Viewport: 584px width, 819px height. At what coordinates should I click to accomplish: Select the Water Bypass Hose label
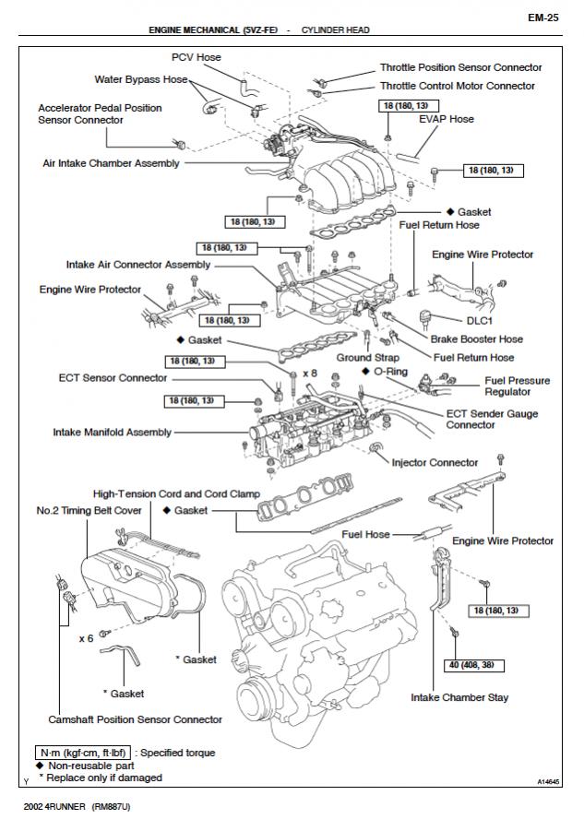[141, 79]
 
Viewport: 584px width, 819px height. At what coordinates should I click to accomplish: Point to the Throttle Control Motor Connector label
[458, 86]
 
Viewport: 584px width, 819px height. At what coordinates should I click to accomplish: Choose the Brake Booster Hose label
[476, 339]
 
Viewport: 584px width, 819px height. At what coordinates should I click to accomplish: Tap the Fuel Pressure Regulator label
[517, 386]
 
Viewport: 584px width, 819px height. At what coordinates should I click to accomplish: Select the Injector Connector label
[435, 462]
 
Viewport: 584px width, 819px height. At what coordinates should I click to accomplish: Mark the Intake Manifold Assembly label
[113, 432]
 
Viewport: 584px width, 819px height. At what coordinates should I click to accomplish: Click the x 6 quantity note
[87, 637]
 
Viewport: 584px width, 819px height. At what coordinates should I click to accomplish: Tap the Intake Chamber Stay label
[459, 698]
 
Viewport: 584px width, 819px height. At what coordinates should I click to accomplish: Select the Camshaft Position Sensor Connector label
[135, 719]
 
